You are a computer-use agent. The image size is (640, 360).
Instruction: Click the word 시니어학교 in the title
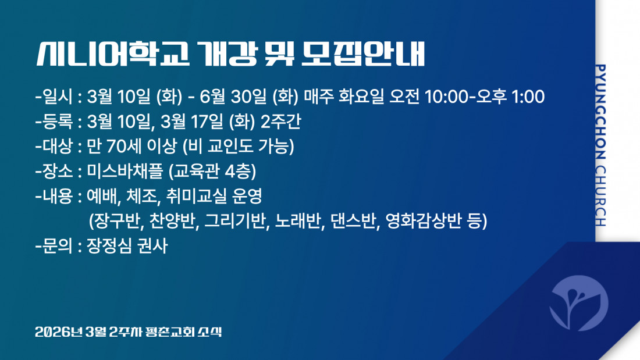coord(113,54)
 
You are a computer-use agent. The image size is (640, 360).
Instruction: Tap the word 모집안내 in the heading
coord(363,54)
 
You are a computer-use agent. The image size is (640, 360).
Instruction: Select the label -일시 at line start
coord(54,97)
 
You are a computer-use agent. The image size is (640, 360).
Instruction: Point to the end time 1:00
coord(528,97)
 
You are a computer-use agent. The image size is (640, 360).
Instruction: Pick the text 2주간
coord(281,122)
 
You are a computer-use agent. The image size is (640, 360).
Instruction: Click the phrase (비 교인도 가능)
coord(238,146)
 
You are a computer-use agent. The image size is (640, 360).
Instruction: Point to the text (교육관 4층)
coord(212,171)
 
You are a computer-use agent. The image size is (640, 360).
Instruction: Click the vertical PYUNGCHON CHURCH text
coord(600,145)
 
